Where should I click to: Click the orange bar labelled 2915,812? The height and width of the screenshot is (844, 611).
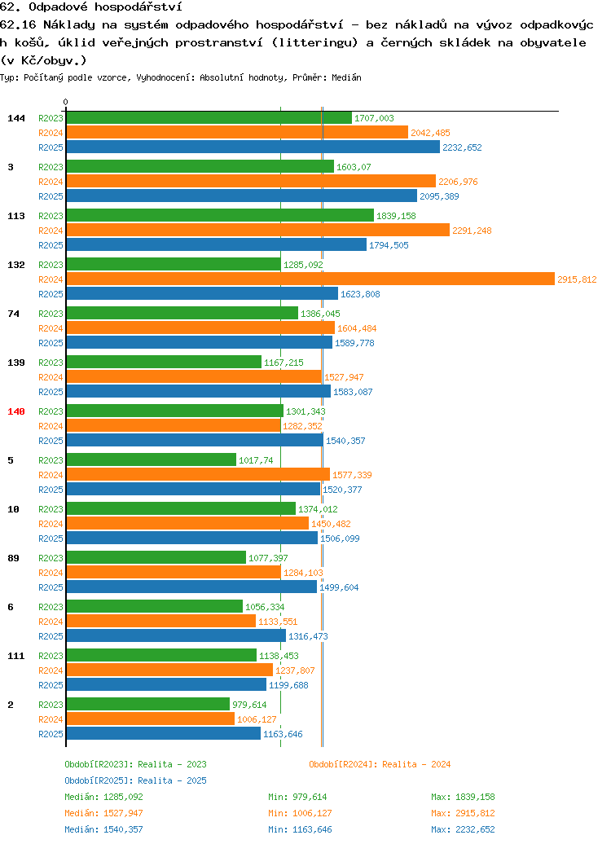point(310,279)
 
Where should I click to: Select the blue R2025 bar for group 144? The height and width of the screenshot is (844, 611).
point(253,147)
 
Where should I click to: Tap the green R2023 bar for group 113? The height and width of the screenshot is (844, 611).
point(220,215)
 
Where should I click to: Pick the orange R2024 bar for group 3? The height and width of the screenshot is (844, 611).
point(251,182)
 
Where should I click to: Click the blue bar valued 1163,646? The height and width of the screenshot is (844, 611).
point(164,734)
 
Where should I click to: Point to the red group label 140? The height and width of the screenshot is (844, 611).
point(16,411)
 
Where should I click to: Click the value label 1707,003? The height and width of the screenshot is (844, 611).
point(374,118)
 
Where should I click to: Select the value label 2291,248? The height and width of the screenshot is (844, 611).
point(473,231)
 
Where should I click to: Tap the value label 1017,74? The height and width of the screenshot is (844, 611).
point(256,460)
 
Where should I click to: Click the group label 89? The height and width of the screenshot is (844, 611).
point(14,558)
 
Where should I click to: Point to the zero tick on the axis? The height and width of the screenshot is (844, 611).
point(66,103)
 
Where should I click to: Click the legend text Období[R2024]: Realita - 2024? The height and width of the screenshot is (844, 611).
point(380,764)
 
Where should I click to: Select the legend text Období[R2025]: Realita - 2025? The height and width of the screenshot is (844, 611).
point(136,780)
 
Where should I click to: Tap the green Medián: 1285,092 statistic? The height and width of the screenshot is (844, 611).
point(104,797)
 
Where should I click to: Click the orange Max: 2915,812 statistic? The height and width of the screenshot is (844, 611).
point(463,813)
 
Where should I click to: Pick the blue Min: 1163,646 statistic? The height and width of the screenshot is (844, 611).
point(300,829)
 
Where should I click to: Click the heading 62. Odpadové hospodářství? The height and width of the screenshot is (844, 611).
point(91,7)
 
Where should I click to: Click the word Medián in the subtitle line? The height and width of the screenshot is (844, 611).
point(347,77)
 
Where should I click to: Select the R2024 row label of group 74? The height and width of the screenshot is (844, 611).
point(51,328)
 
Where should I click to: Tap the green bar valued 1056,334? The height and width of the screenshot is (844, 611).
point(155,607)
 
